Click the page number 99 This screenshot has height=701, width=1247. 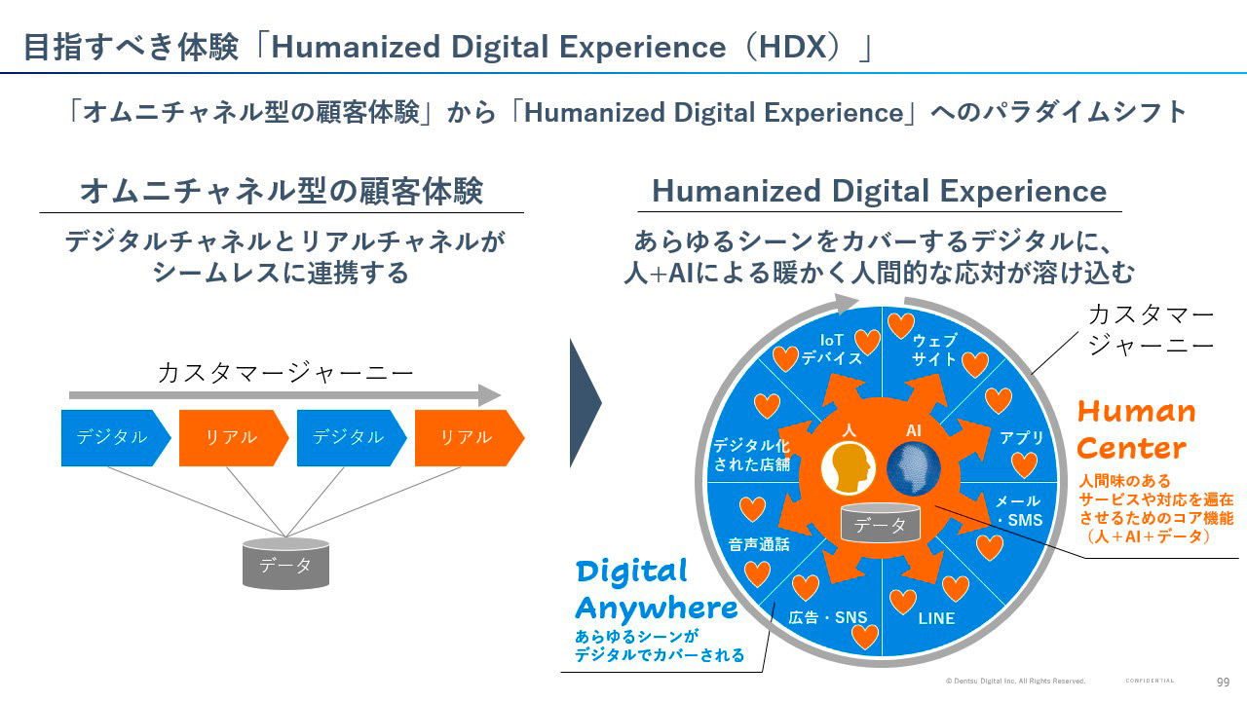1223,682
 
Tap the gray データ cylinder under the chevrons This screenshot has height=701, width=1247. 285,564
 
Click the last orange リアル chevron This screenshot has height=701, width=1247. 466,438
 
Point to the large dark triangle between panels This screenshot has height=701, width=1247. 584,402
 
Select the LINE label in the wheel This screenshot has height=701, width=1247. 936,618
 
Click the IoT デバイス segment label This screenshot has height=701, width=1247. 831,349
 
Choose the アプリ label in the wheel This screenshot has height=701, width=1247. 1022,438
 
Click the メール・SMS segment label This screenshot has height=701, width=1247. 1018,510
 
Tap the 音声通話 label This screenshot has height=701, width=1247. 759,544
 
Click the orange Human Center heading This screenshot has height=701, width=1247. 1136,429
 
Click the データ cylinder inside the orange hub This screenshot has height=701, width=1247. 880,525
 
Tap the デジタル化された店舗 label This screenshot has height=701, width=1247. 751,455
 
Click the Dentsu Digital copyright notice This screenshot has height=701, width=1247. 1015,681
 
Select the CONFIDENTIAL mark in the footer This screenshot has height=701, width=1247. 1150,681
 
